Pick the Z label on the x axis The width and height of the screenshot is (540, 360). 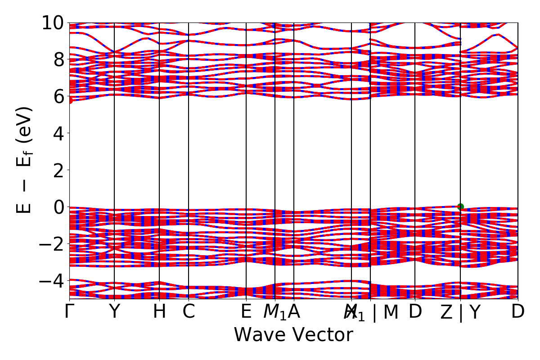(446, 312)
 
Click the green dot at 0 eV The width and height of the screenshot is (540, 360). (460, 207)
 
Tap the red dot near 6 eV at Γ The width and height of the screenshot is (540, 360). (70, 100)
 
